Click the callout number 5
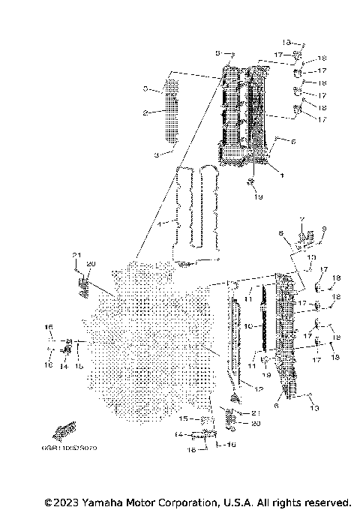coord(218,53)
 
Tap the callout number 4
coord(158,224)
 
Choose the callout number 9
coord(324,229)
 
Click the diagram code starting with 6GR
coord(75,448)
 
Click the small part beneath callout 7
coord(303,239)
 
